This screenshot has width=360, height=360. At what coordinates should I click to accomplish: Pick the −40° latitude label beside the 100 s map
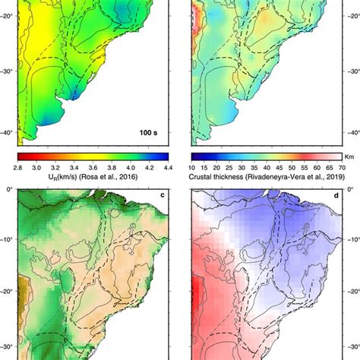[7, 132]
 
